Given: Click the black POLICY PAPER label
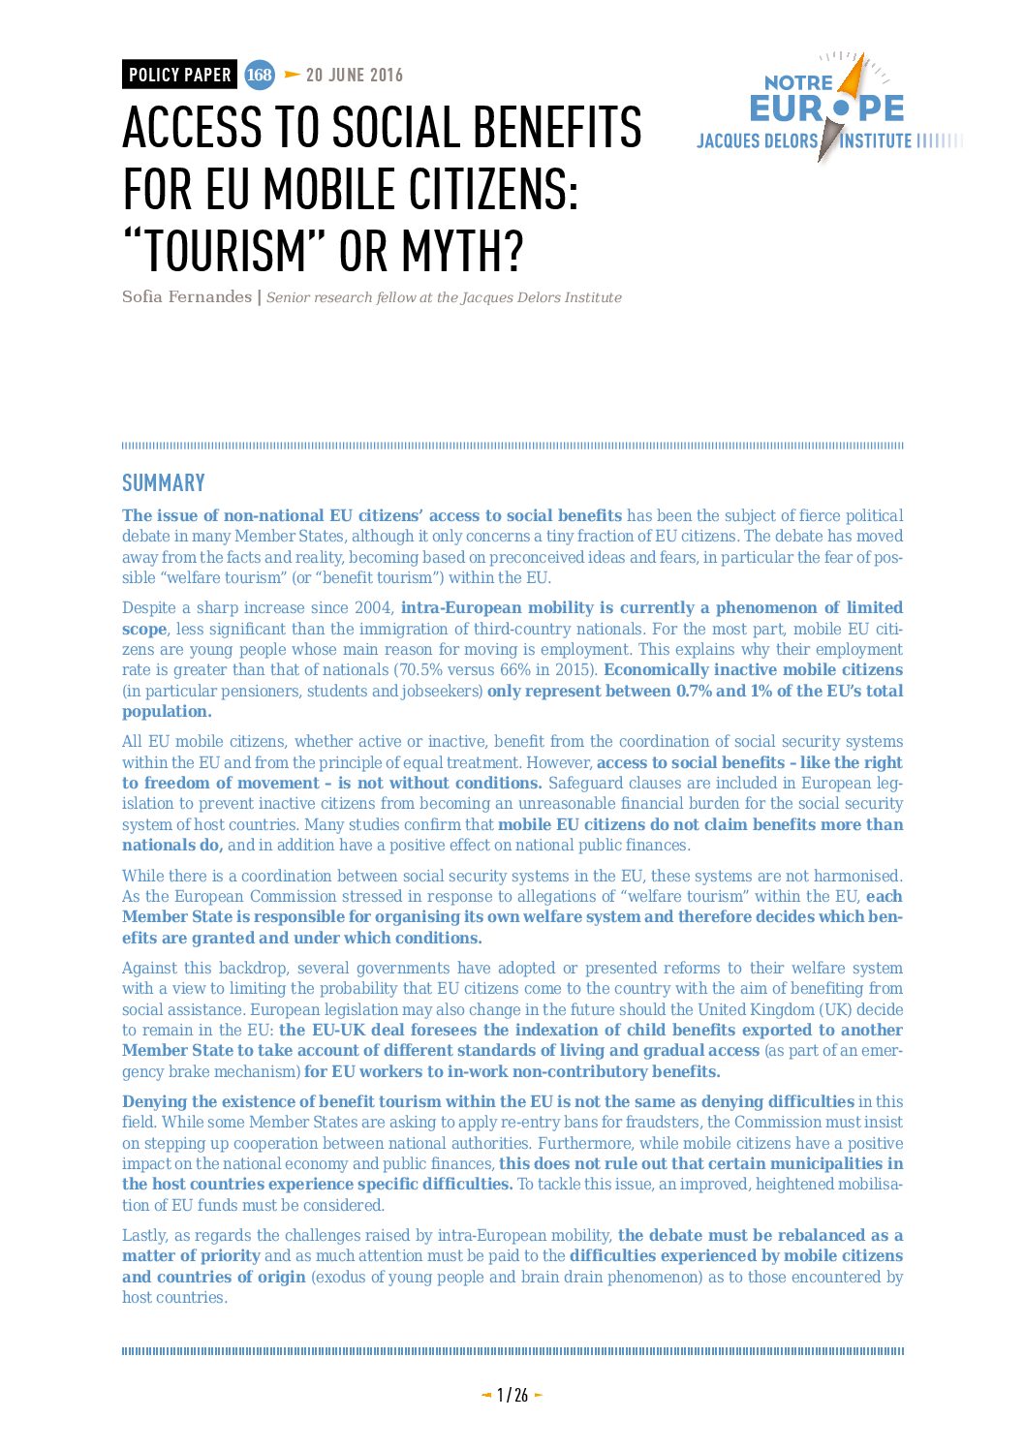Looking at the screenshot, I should (179, 75).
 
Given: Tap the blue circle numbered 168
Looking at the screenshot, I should (259, 75).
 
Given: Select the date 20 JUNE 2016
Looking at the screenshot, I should (354, 76).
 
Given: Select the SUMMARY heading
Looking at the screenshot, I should (163, 483).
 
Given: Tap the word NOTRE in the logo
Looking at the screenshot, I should (798, 83).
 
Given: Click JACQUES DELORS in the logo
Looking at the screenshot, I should (757, 141).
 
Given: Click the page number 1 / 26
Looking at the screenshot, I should (512, 1395).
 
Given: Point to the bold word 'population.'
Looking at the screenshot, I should (167, 712).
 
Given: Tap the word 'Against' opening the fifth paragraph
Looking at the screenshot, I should (150, 969).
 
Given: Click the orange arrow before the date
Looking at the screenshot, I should (292, 75).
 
